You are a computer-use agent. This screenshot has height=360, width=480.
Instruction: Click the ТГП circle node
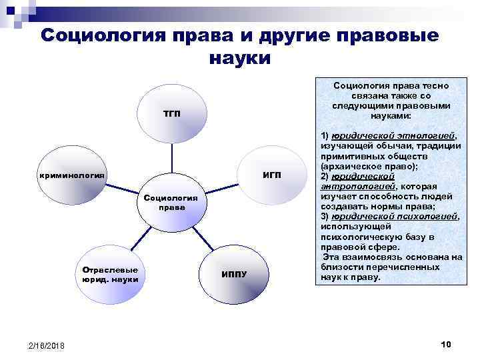coord(171,113)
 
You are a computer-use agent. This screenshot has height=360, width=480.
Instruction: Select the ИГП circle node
coord(271,175)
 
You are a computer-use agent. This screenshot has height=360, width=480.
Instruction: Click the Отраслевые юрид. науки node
coord(110,274)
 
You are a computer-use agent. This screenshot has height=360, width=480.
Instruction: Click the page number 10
coord(446,343)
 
